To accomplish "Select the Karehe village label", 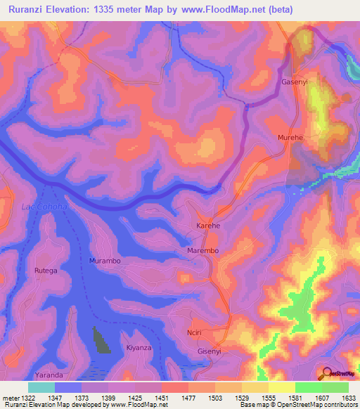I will tap(207, 226).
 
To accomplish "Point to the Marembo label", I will tap(203, 250).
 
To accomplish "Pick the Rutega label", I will tap(46, 270).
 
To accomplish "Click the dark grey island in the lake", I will tap(101, 342).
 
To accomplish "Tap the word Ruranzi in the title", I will tap(25, 9).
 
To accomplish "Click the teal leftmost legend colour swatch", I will tap(41, 387).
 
